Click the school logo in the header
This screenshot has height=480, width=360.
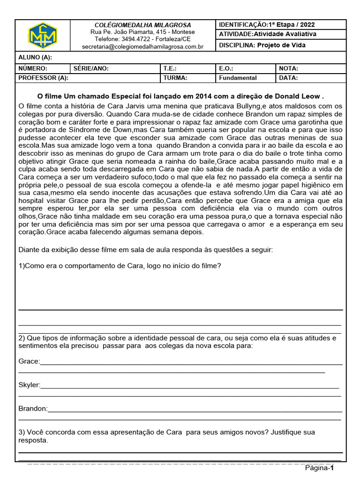tap(43, 35)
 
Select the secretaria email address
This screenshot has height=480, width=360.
tap(142, 47)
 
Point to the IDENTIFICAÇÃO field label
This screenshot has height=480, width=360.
tap(242, 24)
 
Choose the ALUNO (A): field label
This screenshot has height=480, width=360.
tap(35, 57)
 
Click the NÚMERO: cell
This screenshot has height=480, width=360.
tap(33, 68)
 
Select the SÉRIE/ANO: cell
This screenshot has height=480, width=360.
tap(91, 68)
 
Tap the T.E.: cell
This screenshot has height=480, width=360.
tap(170, 68)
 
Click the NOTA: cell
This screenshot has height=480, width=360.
tap(289, 68)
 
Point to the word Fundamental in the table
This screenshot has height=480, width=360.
tap(238, 78)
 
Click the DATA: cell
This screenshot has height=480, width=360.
tap(288, 78)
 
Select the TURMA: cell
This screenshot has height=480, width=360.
tap(175, 78)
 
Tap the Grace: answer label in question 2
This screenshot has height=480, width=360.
tap(29, 361)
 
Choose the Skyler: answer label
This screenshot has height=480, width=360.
tap(29, 385)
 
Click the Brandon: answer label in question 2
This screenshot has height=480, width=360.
tap(33, 409)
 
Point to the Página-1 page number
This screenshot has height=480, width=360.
tap(319, 468)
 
